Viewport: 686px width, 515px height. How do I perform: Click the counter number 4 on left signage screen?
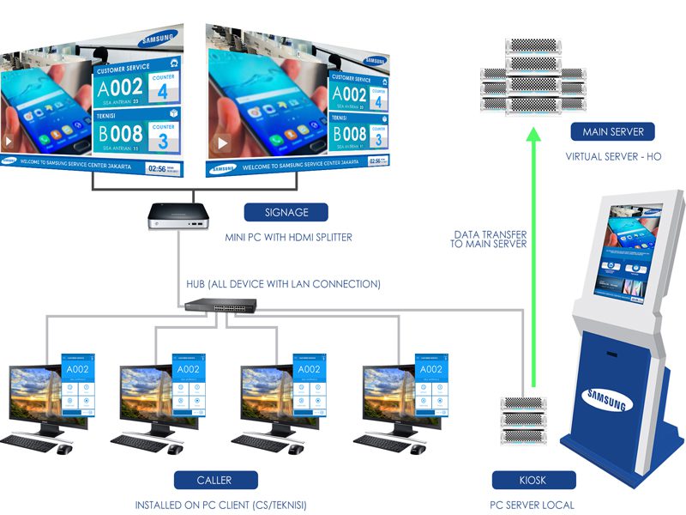pyautogui.click(x=163, y=92)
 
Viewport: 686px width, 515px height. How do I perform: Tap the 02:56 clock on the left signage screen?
pyautogui.click(x=157, y=168)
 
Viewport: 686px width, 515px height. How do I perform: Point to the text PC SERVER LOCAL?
pyautogui.click(x=532, y=505)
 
